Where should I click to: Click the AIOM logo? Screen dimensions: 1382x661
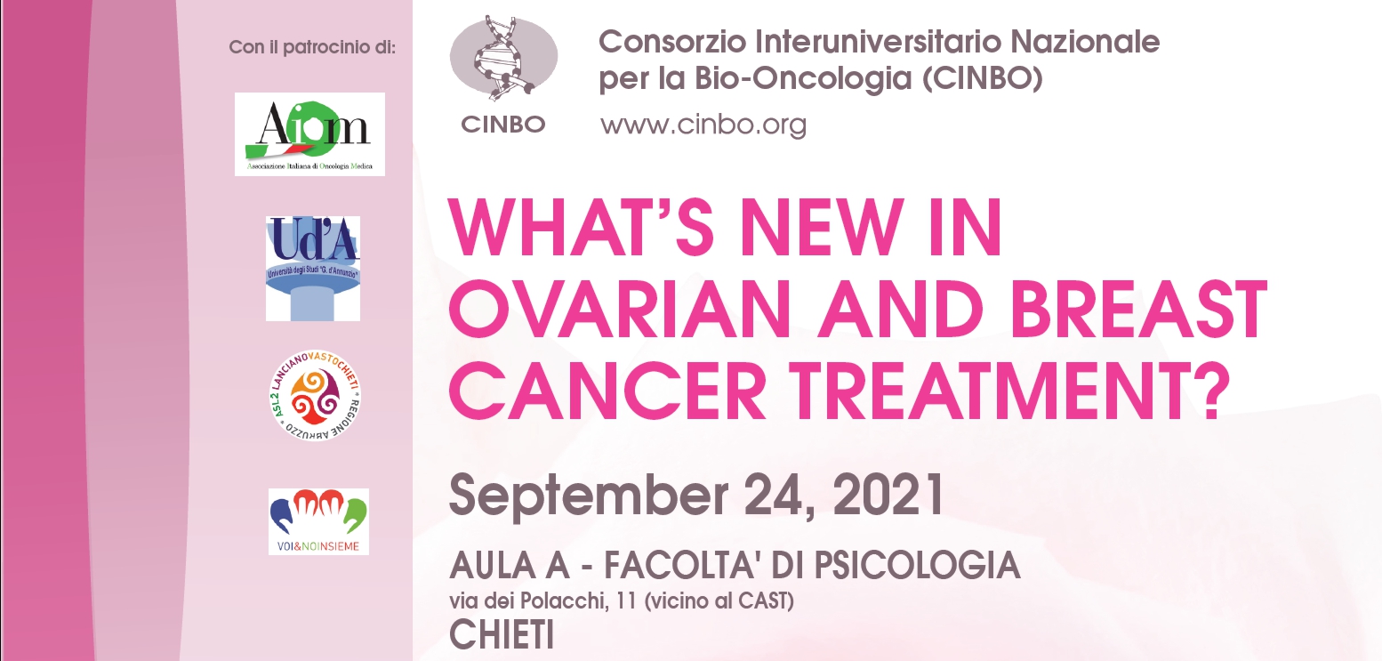[x=309, y=134]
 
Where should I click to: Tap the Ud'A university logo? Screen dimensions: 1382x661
[x=313, y=269]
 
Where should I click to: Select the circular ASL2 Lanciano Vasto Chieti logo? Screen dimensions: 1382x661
[x=315, y=395]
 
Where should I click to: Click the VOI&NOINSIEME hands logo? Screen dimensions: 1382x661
[x=318, y=521]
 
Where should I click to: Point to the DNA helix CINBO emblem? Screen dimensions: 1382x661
[x=503, y=57]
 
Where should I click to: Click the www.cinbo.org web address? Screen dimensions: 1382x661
[x=703, y=125]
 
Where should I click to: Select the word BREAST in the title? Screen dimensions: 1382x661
[x=1137, y=309]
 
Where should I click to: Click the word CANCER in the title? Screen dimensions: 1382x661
[x=607, y=390]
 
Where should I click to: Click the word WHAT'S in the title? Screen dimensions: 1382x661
[x=581, y=227]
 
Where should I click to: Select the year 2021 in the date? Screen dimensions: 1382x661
[x=888, y=495]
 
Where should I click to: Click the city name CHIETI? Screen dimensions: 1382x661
[x=502, y=634]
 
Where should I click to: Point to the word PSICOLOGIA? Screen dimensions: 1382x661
[x=917, y=565]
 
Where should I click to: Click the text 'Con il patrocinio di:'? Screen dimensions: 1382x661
[x=312, y=47]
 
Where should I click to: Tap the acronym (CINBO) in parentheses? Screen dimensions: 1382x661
[x=982, y=78]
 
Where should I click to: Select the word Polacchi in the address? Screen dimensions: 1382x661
[x=561, y=601]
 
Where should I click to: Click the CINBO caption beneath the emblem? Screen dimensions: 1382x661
[x=502, y=124]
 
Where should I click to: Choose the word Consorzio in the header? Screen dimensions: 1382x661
[x=672, y=42]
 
